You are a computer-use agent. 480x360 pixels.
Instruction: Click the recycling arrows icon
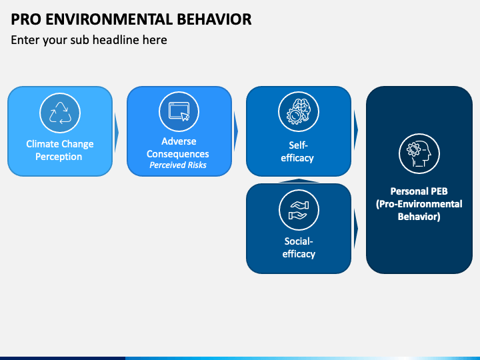pyautogui.click(x=60, y=113)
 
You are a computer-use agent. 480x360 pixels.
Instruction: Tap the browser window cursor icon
pyautogui.click(x=179, y=111)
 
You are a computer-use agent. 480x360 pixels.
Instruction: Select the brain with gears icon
pyautogui.click(x=299, y=111)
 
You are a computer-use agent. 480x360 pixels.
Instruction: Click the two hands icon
pyautogui.click(x=299, y=210)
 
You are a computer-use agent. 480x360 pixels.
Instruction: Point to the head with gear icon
pyautogui.click(x=419, y=154)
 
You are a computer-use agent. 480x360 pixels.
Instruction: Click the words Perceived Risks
pyautogui.click(x=178, y=165)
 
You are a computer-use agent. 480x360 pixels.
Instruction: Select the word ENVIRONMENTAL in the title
pyautogui.click(x=111, y=19)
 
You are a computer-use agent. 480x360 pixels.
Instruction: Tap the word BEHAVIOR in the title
pyautogui.click(x=214, y=19)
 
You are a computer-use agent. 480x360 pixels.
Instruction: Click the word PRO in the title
pyautogui.click(x=26, y=19)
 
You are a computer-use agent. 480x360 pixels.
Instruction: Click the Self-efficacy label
pyautogui.click(x=297, y=151)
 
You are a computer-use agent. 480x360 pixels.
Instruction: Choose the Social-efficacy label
pyautogui.click(x=299, y=247)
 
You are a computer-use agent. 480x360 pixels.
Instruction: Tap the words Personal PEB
pyautogui.click(x=419, y=191)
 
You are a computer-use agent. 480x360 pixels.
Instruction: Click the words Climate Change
pyautogui.click(x=60, y=144)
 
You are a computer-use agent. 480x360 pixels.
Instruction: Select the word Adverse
pyautogui.click(x=179, y=141)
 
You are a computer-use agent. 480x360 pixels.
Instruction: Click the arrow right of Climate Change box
pyautogui.click(x=116, y=133)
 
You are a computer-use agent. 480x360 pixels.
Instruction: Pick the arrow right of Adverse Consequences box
pyautogui.click(x=236, y=131)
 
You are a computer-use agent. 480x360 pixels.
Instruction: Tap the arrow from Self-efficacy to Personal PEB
pyautogui.click(x=356, y=130)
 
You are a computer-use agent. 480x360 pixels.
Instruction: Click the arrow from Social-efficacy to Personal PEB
pyautogui.click(x=356, y=229)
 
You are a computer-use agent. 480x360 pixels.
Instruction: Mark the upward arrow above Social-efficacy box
pyautogui.click(x=299, y=181)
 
